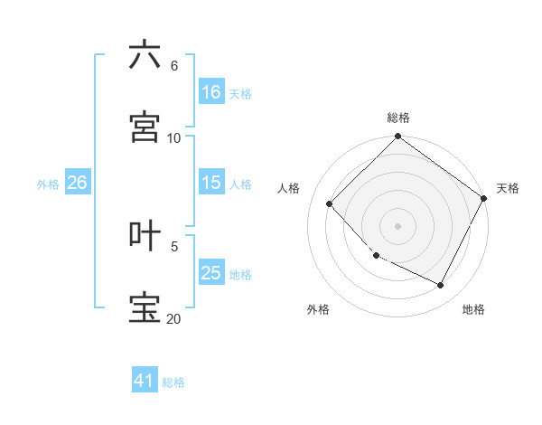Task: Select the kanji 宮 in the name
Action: click(x=145, y=127)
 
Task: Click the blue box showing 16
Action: click(x=211, y=92)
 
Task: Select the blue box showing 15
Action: click(x=211, y=183)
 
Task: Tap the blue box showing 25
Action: click(x=211, y=273)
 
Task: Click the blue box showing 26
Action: click(x=77, y=183)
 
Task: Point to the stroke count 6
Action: click(x=173, y=65)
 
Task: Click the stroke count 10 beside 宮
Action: click(x=174, y=137)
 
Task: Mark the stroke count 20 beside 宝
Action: click(x=174, y=318)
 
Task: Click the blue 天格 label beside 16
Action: click(x=240, y=93)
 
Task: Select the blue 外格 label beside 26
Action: click(x=48, y=184)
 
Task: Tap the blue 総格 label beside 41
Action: click(x=173, y=382)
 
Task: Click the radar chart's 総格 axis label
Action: click(x=398, y=118)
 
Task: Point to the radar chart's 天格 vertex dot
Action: click(x=483, y=198)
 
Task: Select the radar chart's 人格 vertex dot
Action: click(x=330, y=203)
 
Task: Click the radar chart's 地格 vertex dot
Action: click(x=441, y=286)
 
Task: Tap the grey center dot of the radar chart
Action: click(x=397, y=225)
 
